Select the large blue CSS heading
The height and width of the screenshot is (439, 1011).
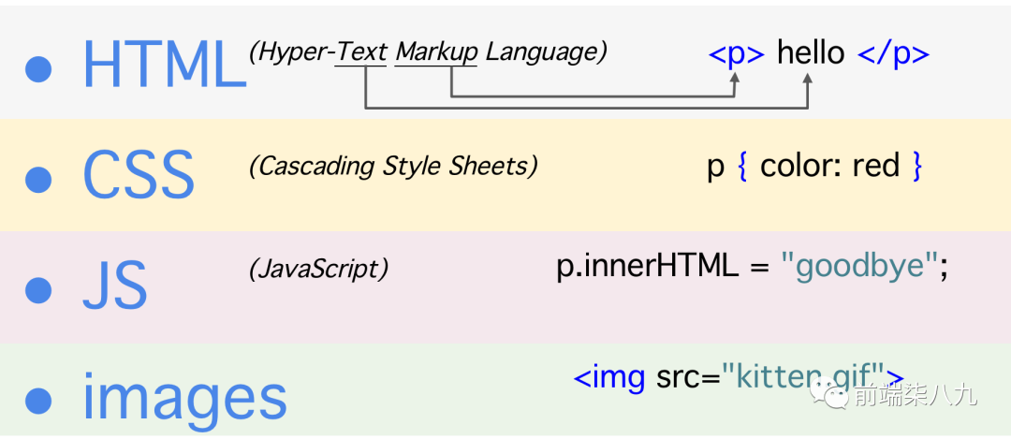click(139, 174)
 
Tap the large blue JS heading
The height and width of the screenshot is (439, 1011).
click(114, 285)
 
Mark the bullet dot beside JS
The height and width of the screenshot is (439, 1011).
click(38, 289)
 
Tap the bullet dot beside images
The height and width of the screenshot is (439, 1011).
click(38, 400)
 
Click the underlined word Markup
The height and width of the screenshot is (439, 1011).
click(436, 52)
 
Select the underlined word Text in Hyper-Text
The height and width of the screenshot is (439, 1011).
click(362, 52)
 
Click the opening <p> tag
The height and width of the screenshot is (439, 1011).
click(737, 54)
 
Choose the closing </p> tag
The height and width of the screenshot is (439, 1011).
click(893, 54)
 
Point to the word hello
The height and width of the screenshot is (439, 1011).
click(811, 53)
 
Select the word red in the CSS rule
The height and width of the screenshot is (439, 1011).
click(876, 167)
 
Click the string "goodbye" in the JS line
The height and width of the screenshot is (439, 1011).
click(859, 268)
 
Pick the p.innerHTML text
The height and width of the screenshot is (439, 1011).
click(647, 267)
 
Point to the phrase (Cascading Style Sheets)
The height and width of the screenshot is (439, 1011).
click(393, 167)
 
